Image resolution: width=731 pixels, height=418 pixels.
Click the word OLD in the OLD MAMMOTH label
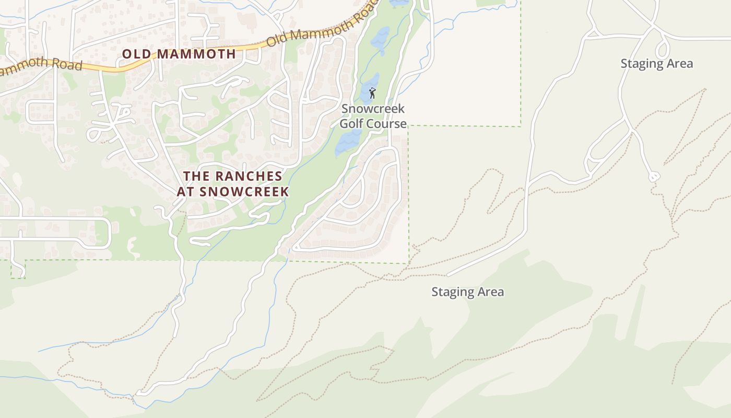tap(137, 53)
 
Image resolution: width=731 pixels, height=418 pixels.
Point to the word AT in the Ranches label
tap(186, 191)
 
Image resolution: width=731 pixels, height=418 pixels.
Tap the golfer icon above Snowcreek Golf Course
tap(372, 94)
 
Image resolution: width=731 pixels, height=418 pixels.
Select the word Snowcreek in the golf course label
tap(373, 109)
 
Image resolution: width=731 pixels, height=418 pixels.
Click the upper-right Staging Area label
tap(656, 64)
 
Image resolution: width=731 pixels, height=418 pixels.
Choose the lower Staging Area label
tap(467, 292)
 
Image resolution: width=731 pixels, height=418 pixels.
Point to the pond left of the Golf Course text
tap(347, 141)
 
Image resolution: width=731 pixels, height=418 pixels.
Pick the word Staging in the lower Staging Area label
tap(451, 292)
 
